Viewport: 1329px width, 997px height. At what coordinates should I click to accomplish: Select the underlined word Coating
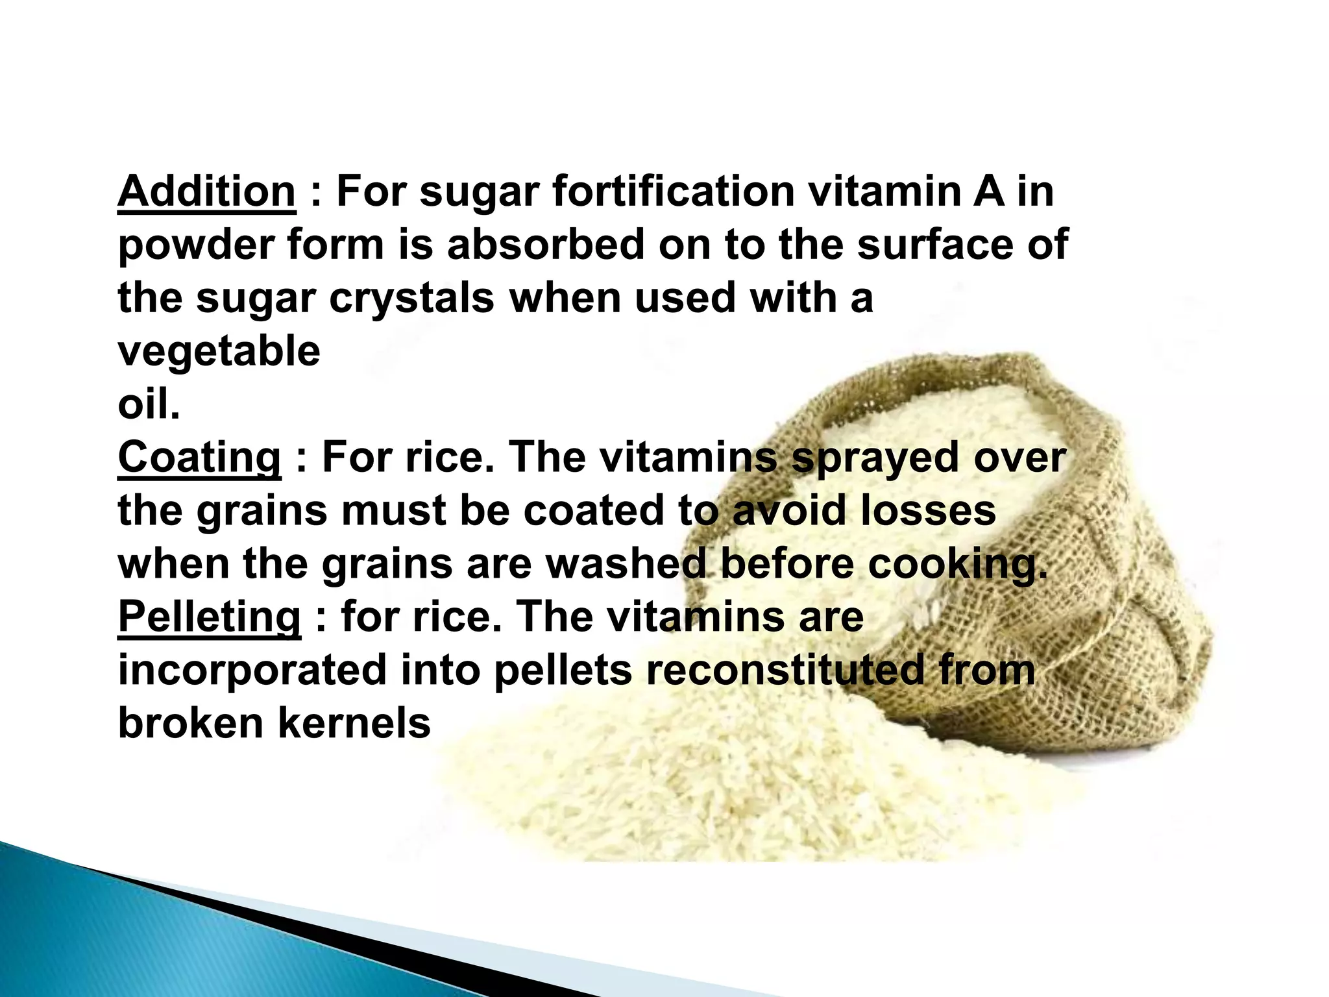(x=199, y=458)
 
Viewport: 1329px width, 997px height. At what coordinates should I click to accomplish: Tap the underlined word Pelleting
(x=209, y=617)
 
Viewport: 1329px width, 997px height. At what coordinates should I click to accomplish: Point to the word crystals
(x=411, y=298)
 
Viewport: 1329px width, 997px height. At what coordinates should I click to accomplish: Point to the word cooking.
(x=958, y=563)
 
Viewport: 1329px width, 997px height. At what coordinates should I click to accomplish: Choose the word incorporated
(x=252, y=670)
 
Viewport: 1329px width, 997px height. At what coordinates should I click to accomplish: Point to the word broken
(x=191, y=723)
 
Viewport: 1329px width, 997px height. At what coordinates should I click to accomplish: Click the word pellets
(x=563, y=670)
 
